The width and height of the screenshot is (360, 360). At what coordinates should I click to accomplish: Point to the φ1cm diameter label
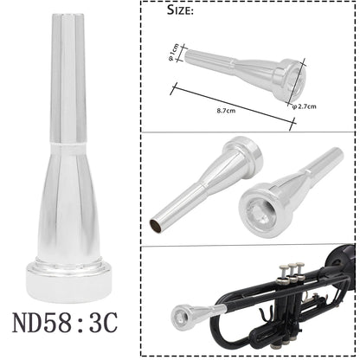click(x=173, y=57)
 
